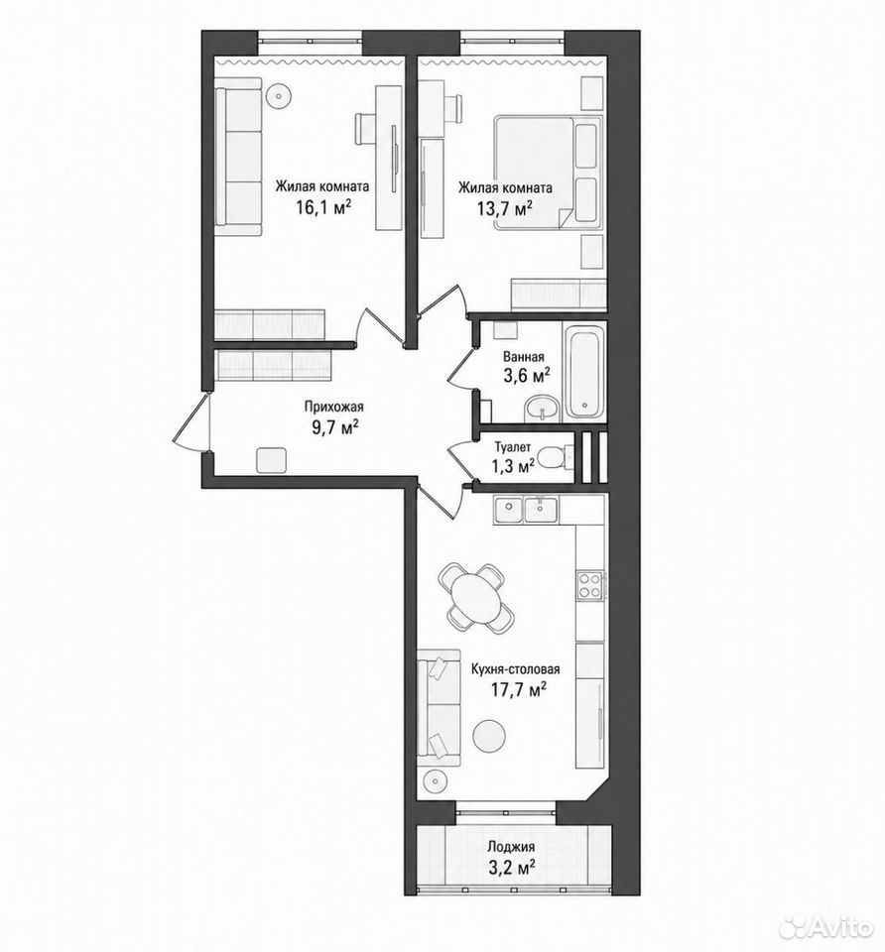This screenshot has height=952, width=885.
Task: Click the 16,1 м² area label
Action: click(323, 208)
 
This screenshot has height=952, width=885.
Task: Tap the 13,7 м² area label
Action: click(505, 209)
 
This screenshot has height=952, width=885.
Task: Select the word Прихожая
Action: click(333, 408)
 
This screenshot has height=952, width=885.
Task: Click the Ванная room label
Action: click(524, 357)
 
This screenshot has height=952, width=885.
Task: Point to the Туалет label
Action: click(513, 447)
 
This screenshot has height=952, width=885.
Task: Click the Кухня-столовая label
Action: click(516, 669)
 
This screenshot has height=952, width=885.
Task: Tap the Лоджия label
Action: click(511, 847)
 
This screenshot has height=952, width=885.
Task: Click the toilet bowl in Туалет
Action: click(554, 456)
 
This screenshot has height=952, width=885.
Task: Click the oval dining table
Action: click(473, 596)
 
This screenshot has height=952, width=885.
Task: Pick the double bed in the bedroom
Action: click(547, 174)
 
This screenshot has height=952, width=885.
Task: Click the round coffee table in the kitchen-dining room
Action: click(488, 737)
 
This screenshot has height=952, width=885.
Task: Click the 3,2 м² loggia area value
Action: click(511, 867)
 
